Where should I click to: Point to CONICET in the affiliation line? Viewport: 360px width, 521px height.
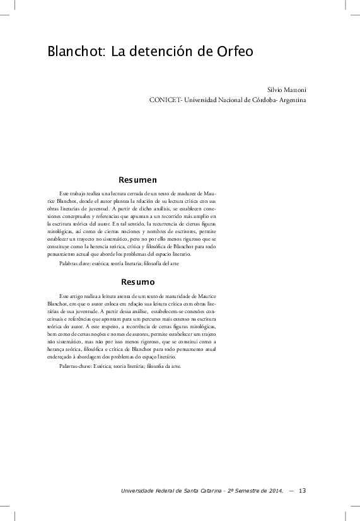click(165, 100)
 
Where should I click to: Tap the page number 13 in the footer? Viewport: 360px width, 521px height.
click(303, 491)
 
